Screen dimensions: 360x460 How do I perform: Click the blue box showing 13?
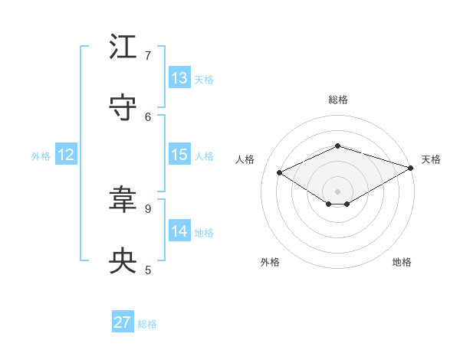click(x=179, y=78)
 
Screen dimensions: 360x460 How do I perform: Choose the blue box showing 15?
click(x=179, y=155)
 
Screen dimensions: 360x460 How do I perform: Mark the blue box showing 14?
click(x=179, y=231)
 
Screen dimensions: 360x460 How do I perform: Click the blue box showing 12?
click(x=66, y=155)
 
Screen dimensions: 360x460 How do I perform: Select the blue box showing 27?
click(x=123, y=322)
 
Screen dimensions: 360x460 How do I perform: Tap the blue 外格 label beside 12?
click(x=41, y=156)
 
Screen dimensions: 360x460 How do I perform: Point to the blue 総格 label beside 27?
click(x=147, y=324)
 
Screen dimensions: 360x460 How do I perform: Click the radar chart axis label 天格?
click(x=431, y=159)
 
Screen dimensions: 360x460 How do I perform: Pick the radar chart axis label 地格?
click(x=402, y=262)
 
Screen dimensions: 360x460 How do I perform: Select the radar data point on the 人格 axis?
click(x=280, y=172)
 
